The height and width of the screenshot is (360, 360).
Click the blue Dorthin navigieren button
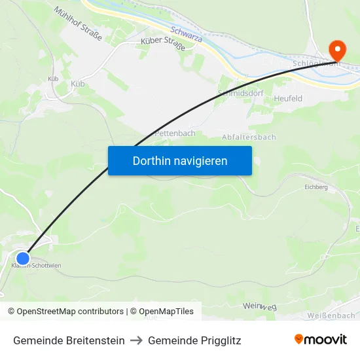point(179,160)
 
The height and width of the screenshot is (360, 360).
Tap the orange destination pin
point(337,50)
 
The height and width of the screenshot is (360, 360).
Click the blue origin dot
point(23,259)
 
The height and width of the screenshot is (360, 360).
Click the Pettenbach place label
point(175,133)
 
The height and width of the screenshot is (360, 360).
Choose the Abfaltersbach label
point(249,137)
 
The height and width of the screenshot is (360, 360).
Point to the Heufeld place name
point(288,98)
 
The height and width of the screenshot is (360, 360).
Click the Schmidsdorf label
point(240,94)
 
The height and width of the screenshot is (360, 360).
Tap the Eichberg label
point(315,187)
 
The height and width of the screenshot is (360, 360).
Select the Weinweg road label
point(260,306)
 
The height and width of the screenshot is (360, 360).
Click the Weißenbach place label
point(331,315)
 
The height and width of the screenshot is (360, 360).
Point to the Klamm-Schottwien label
point(36,265)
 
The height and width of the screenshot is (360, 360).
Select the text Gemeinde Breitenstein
point(69,340)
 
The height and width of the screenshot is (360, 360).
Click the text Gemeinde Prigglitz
point(194,340)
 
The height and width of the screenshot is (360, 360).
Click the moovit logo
point(320,339)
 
